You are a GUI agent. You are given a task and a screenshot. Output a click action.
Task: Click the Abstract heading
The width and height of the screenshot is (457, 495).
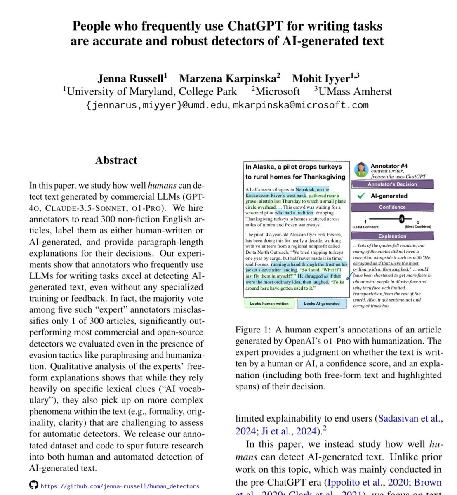pos(116,160)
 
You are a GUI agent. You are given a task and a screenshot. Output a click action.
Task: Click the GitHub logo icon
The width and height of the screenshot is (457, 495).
pos(33,485)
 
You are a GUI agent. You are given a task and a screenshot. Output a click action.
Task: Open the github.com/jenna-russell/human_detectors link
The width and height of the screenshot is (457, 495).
pos(120,486)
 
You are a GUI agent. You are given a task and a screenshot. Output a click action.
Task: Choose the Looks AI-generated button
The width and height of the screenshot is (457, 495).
pos(322,304)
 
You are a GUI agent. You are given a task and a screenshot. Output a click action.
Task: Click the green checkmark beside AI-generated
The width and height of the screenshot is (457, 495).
pos(362,196)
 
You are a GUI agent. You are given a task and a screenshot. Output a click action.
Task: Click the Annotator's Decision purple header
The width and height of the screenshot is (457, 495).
pos(392,184)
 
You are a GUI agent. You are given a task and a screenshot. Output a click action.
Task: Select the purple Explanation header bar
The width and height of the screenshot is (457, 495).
pos(392,236)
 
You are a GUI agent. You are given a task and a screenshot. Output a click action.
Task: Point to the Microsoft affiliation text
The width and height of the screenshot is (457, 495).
pos(280,92)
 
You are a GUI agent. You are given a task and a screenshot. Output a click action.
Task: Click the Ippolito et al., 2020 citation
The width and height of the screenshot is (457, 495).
pos(366,482)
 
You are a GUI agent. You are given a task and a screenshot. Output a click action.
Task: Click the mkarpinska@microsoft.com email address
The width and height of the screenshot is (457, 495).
pos(301,105)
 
